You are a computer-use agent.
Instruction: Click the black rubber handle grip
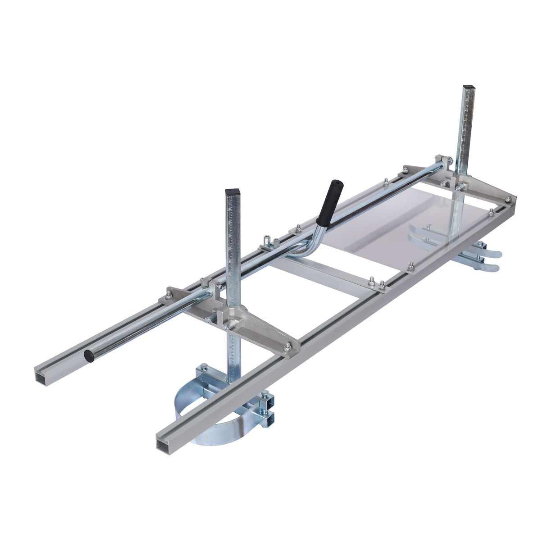[330, 202]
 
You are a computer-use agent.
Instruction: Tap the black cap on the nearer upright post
[232, 191]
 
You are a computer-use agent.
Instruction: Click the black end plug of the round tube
[87, 356]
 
